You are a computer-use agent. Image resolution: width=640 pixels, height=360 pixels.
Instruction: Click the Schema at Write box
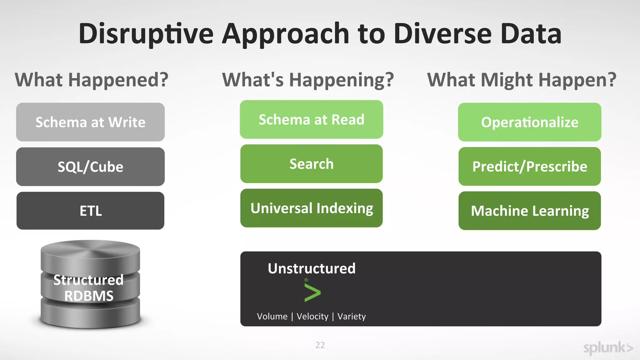[x=90, y=122]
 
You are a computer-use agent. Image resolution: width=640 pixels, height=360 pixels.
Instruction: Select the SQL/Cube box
[x=90, y=167]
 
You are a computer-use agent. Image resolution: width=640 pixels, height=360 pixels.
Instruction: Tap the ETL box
[x=90, y=211]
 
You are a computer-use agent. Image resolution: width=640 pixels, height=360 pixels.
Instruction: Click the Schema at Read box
[x=311, y=119]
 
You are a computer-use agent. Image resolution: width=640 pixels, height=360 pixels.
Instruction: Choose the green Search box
[x=311, y=164]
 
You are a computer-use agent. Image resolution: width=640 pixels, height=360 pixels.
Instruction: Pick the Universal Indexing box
[x=311, y=208]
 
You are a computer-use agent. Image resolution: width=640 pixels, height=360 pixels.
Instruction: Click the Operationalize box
[x=529, y=122]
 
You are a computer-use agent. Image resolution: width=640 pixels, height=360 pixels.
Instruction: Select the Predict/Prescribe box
[x=529, y=166]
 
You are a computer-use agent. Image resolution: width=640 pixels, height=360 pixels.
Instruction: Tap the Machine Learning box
[x=529, y=211]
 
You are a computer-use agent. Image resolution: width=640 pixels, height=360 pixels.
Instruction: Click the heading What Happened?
[x=92, y=80]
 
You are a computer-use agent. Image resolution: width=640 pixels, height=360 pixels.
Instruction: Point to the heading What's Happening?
[x=308, y=80]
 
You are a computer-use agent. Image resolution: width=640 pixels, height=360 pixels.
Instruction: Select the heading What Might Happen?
[x=522, y=80]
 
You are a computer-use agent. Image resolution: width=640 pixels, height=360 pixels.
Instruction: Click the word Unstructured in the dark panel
[x=312, y=268]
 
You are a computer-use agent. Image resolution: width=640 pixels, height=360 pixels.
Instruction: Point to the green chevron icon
[x=312, y=292]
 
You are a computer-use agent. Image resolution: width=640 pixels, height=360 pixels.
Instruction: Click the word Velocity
[x=312, y=316]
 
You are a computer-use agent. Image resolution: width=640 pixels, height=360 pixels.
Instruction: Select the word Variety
[x=352, y=316]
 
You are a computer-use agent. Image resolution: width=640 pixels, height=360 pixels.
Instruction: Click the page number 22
[x=320, y=345]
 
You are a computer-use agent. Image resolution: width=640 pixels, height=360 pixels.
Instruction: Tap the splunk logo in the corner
[x=608, y=348]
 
